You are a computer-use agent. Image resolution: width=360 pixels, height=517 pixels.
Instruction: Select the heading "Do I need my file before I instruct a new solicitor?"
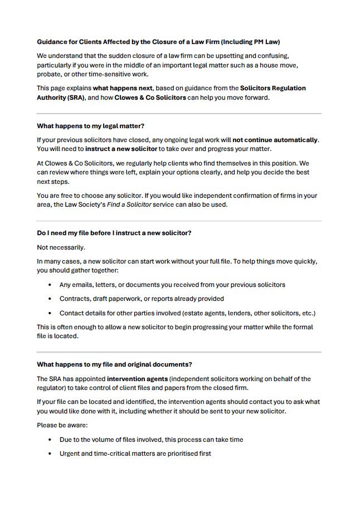114,233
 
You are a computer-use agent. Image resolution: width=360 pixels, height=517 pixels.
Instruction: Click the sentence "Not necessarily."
61,247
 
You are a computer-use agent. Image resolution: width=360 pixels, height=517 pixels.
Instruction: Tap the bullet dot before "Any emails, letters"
49,285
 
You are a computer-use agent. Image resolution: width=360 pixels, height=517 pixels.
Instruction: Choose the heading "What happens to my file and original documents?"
114,364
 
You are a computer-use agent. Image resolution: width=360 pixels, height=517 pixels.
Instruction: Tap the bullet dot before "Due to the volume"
49,440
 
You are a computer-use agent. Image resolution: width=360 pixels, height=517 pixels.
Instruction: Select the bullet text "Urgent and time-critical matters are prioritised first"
135,453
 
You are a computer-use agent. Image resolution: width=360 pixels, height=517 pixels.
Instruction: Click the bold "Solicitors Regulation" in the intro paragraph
273,88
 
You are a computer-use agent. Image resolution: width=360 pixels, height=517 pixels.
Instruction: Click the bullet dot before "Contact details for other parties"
49,313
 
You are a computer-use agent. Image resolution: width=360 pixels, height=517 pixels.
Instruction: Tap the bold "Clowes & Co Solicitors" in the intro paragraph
150,97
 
